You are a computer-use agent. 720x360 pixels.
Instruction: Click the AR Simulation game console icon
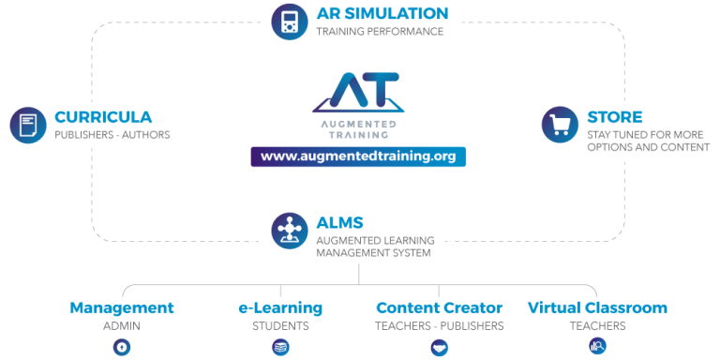[290, 22]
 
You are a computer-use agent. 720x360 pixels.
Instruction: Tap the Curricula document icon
[28, 126]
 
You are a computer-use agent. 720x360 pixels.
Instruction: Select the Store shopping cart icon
[561, 126]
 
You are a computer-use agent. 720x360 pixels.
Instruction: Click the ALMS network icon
[290, 231]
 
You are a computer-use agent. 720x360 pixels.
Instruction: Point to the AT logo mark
[357, 92]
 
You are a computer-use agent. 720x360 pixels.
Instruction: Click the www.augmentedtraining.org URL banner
[357, 157]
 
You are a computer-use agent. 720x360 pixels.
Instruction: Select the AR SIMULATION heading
[382, 13]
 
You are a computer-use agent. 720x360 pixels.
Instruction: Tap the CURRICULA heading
[103, 117]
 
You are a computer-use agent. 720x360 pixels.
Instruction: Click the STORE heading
[615, 117]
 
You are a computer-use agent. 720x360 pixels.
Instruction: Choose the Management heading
[122, 307]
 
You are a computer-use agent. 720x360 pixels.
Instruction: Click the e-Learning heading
[280, 307]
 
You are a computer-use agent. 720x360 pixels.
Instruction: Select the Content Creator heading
[439, 307]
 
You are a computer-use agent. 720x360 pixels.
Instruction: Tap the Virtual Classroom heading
[597, 307]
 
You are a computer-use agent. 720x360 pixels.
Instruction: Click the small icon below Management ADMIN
[122, 347]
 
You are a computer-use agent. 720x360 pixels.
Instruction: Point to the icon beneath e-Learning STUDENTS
[280, 347]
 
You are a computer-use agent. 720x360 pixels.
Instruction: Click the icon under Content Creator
[439, 347]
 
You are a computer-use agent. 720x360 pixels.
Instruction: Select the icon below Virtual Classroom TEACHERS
[596, 347]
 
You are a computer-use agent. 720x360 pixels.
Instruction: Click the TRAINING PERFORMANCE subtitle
[379, 32]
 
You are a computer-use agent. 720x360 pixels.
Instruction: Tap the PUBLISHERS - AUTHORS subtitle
[112, 135]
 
